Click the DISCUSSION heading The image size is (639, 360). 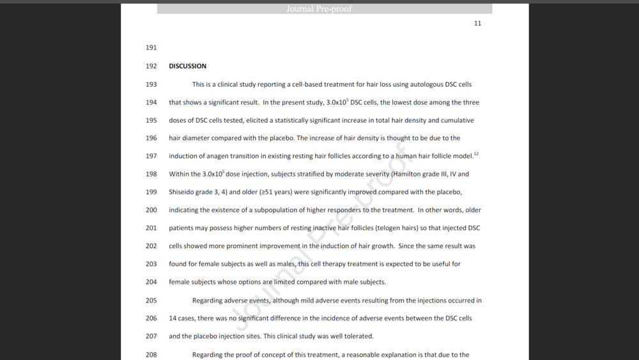click(x=187, y=66)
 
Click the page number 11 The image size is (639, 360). click(x=477, y=24)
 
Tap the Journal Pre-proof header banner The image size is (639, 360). click(x=325, y=9)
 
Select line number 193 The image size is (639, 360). click(x=151, y=84)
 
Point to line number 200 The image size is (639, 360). click(x=151, y=210)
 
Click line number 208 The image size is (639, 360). click(x=151, y=354)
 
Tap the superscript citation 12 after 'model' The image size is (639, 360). click(x=476, y=153)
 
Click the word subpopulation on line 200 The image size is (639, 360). click(x=276, y=210)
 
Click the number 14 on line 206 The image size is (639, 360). click(x=173, y=318)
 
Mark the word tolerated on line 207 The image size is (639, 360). click(x=358, y=336)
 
